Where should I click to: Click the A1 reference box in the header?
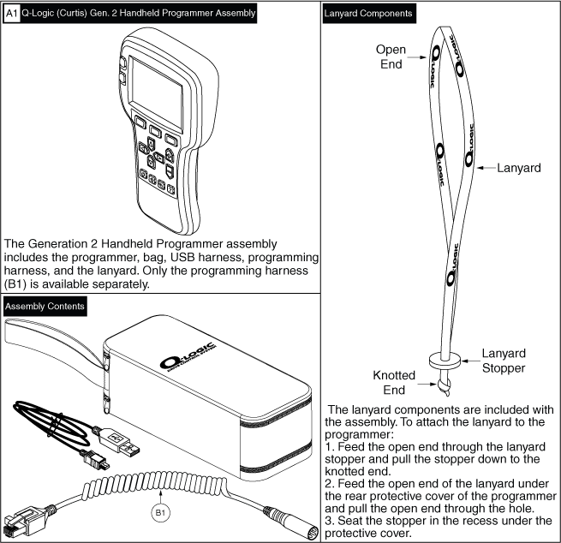[x=12, y=14]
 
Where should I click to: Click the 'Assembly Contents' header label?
[x=45, y=306]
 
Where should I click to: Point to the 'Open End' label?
[x=391, y=56]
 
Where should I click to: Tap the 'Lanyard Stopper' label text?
[x=504, y=360]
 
